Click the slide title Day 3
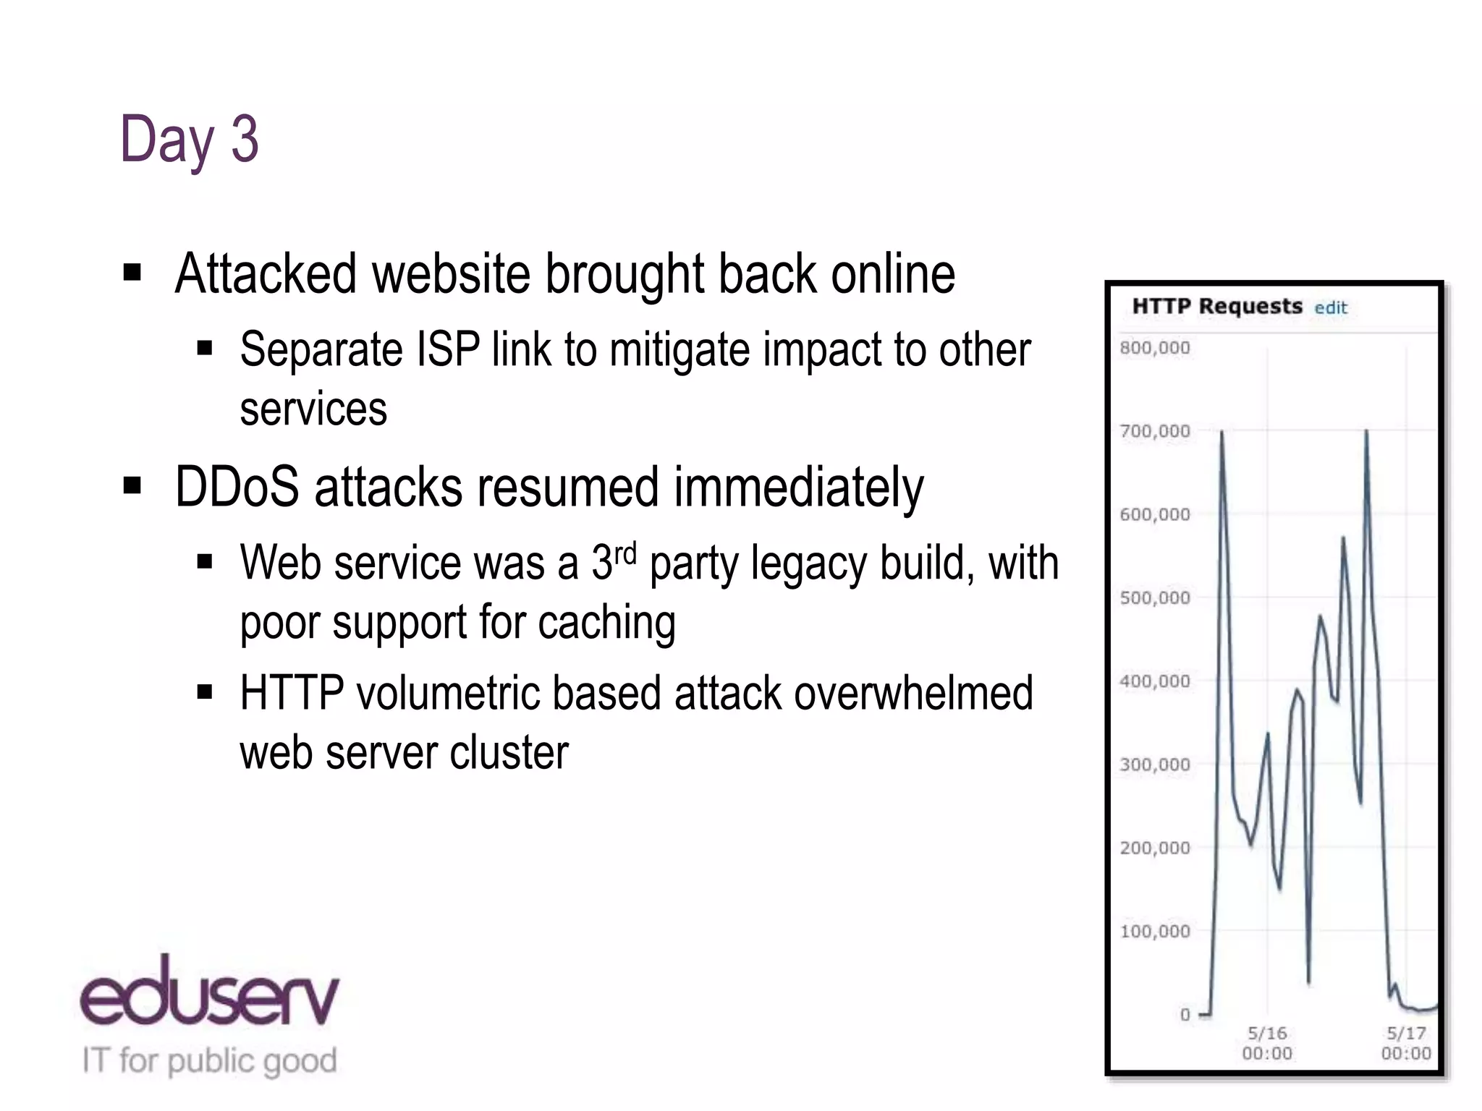pyautogui.click(x=189, y=140)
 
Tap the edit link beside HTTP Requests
pyautogui.click(x=1331, y=308)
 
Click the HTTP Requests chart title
pyautogui.click(x=1216, y=306)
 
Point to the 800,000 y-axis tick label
pyautogui.click(x=1154, y=348)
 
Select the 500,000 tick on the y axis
pyautogui.click(x=1154, y=598)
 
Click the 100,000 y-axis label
pyautogui.click(x=1154, y=932)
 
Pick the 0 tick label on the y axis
pyautogui.click(x=1185, y=1015)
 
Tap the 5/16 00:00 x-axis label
pyautogui.click(x=1267, y=1043)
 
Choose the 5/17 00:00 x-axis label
pyautogui.click(x=1406, y=1043)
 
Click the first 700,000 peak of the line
pyautogui.click(x=1222, y=433)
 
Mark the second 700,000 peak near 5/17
pyautogui.click(x=1366, y=432)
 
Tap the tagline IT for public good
pyautogui.click(x=210, y=1061)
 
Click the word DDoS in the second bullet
pyautogui.click(x=237, y=487)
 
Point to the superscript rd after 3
pyautogui.click(x=625, y=553)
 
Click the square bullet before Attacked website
pyautogui.click(x=132, y=273)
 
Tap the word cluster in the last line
pyautogui.click(x=509, y=753)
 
